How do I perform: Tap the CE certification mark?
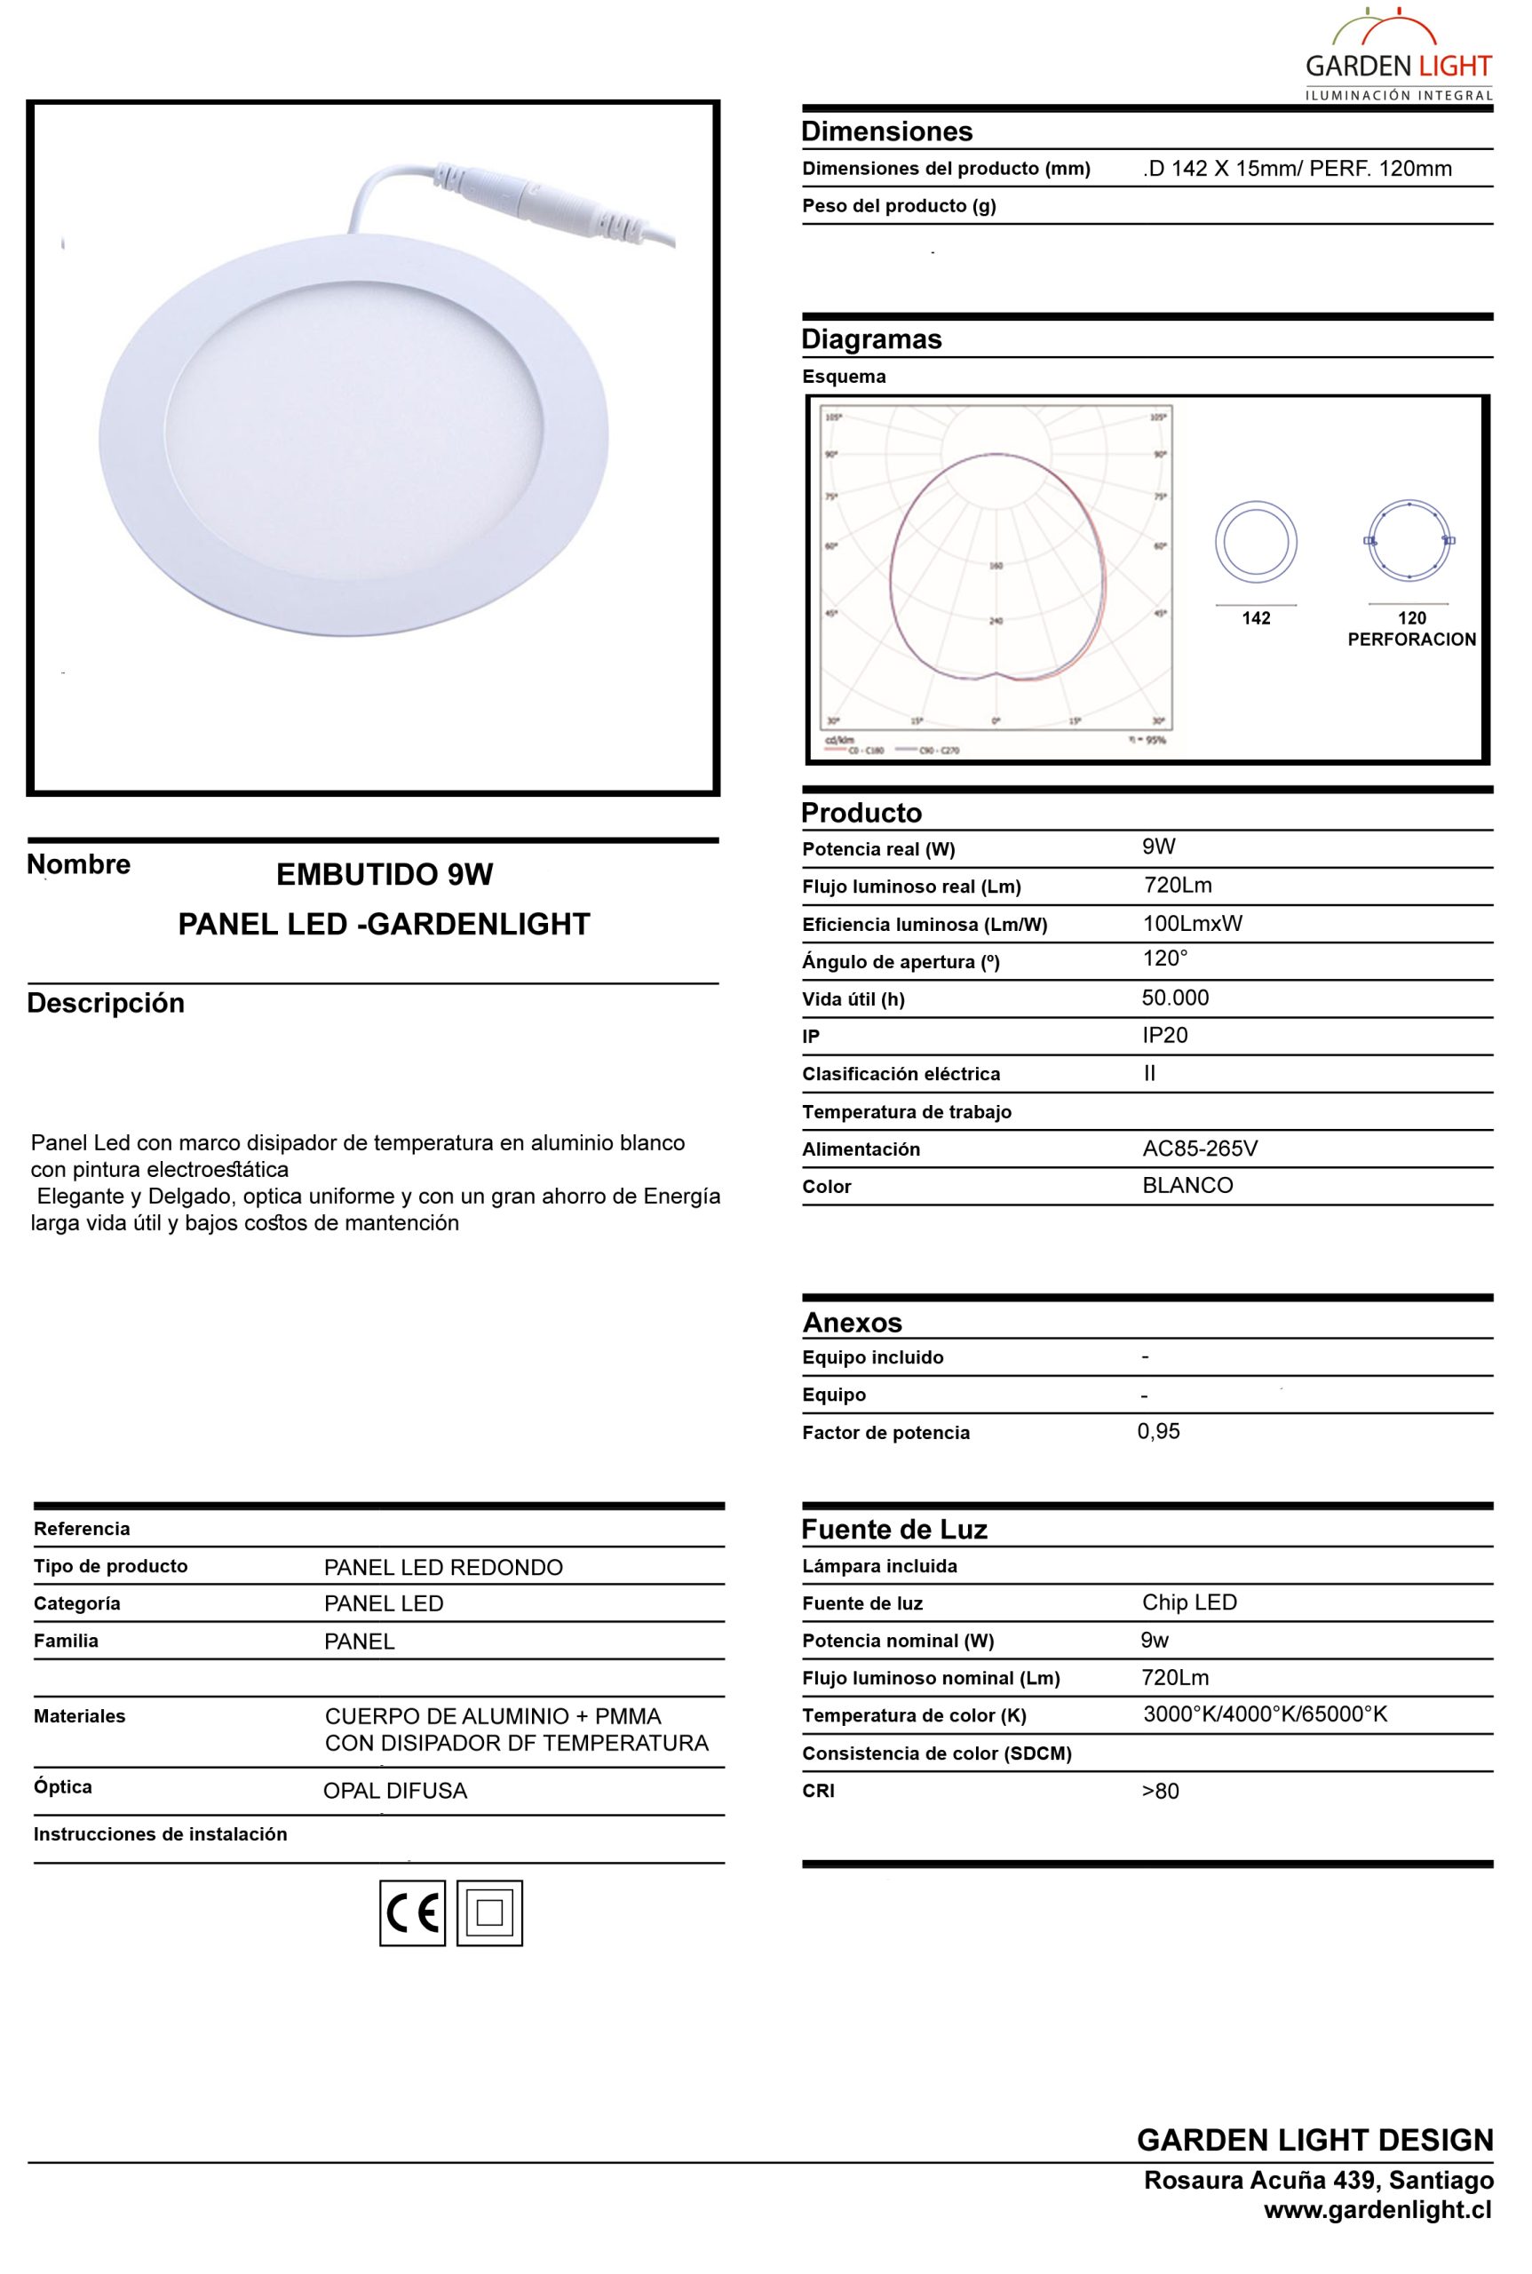click(412, 1912)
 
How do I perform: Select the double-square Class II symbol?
click(489, 1912)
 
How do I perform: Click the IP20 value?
click(1164, 1035)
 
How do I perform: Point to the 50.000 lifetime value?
click(1175, 998)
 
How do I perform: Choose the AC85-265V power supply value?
click(1200, 1149)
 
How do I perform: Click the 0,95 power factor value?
click(1159, 1432)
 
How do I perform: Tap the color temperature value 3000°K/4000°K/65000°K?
click(1266, 1713)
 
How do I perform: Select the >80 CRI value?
click(1161, 1792)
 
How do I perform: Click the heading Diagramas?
click(871, 339)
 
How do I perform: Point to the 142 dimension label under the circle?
click(1257, 617)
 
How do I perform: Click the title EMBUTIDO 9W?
click(385, 875)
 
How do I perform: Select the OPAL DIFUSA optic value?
click(396, 1792)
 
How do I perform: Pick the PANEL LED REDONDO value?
click(443, 1568)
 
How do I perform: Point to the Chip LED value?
click(1189, 1602)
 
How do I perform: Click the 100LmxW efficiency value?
click(1192, 924)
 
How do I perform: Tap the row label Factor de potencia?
click(886, 1434)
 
